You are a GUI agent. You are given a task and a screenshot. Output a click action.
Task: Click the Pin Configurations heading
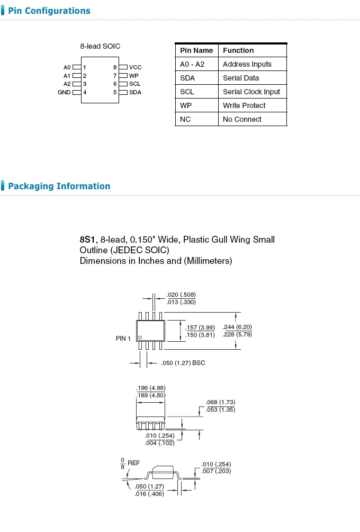coord(49,11)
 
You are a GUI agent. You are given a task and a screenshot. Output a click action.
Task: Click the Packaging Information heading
coord(59,186)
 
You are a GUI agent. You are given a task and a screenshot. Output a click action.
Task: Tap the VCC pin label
coord(135,67)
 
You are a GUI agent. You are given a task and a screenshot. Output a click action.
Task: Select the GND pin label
coord(64,92)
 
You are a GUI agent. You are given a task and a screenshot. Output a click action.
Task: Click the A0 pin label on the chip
coord(67,67)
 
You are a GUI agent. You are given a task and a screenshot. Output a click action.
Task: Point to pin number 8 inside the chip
coord(114,67)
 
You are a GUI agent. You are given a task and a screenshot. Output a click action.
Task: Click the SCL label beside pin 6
coord(135,84)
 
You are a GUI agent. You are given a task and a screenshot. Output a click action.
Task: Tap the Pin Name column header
coord(196,50)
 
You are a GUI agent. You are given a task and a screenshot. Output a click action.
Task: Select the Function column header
coord(238,50)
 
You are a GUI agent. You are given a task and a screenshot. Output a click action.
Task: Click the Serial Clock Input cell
coord(251,92)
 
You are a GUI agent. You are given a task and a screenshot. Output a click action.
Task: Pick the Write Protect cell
coord(244,105)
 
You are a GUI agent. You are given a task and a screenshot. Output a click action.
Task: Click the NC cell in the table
coord(185,119)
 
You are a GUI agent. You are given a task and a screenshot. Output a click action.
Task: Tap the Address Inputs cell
coord(247,64)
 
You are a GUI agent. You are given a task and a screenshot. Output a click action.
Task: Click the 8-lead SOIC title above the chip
coord(100,46)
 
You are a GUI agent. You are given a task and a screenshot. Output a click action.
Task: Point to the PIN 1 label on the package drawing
coord(123,338)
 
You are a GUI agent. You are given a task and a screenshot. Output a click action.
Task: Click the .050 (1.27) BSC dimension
coord(183,363)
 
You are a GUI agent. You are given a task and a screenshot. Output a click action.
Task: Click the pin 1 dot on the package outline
coord(140,338)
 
